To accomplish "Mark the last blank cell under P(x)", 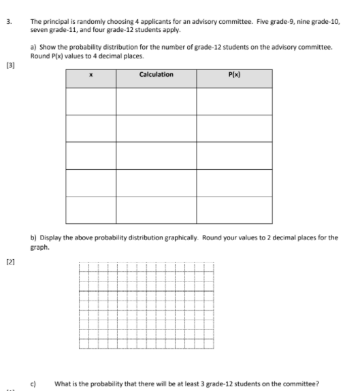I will pyautogui.click(x=234, y=209).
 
